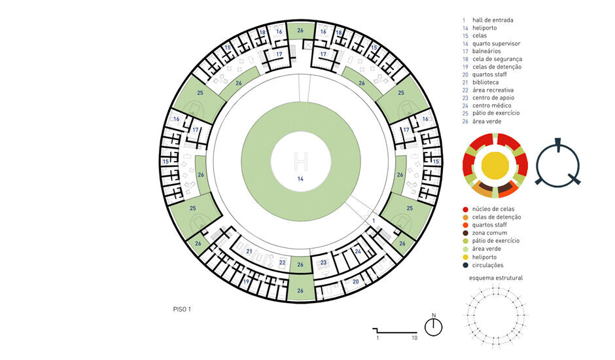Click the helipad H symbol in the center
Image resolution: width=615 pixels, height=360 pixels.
(x=301, y=160)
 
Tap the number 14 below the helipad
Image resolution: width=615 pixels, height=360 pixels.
(x=300, y=179)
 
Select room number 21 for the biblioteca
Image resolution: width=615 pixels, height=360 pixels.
(x=249, y=251)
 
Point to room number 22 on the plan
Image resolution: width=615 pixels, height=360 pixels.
(x=282, y=262)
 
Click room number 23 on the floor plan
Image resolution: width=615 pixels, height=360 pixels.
(x=323, y=262)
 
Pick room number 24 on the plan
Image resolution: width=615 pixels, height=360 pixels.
(x=358, y=251)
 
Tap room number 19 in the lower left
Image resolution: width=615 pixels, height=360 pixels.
(x=246, y=281)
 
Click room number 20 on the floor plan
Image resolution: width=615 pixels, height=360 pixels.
(x=355, y=281)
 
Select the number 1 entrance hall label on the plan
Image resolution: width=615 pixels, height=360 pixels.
(x=374, y=221)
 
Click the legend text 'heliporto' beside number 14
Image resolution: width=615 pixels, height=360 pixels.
(x=484, y=28)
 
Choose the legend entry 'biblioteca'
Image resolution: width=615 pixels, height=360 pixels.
(x=485, y=82)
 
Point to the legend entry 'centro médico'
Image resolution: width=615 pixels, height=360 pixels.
(x=492, y=105)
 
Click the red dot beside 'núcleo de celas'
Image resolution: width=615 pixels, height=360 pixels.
(x=465, y=209)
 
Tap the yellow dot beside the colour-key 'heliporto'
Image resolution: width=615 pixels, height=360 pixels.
(x=465, y=257)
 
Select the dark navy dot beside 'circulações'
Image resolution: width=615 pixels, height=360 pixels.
(x=465, y=265)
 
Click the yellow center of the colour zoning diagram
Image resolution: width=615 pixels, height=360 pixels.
(x=495, y=164)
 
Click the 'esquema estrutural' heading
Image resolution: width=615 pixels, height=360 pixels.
(x=496, y=278)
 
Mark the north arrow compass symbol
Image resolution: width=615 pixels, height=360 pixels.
(x=433, y=326)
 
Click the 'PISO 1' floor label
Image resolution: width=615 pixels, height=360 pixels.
(x=182, y=310)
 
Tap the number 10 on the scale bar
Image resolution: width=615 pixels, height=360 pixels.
(x=415, y=338)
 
